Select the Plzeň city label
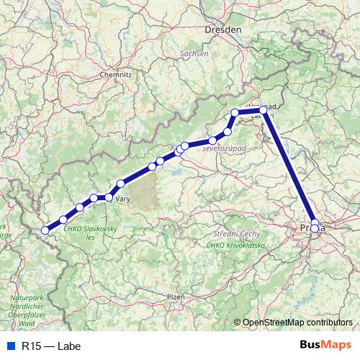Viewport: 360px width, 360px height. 176,296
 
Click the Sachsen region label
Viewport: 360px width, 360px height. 195,53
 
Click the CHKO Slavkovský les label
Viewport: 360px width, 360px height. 90,233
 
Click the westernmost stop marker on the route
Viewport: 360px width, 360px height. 45,230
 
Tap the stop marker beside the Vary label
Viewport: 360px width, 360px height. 109,197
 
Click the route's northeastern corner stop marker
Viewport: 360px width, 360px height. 264,109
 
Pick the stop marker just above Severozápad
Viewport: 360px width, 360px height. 213,140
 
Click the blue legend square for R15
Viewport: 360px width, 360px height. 9,346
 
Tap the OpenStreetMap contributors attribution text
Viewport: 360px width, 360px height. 297,323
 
